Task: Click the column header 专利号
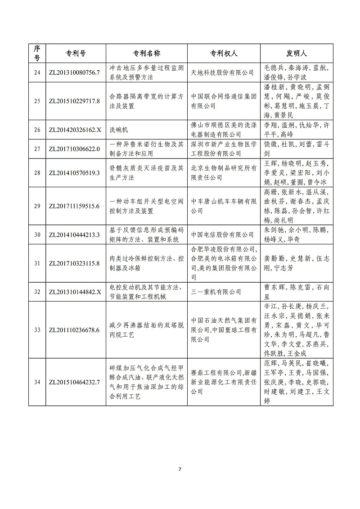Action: click(x=76, y=53)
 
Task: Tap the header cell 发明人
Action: click(x=297, y=53)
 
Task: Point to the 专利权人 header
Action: click(x=224, y=53)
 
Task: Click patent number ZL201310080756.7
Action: click(x=76, y=72)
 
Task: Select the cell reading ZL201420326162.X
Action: click(x=76, y=130)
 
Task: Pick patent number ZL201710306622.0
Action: click(x=76, y=149)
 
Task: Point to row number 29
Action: click(x=37, y=206)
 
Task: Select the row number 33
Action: click(x=37, y=330)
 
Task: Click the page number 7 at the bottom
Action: click(x=180, y=469)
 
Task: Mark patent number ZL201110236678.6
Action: click(x=76, y=330)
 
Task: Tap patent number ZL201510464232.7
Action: click(x=76, y=382)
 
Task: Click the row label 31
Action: click(x=37, y=263)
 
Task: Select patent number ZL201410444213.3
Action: click(x=76, y=234)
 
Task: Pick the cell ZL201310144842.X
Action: click(x=76, y=292)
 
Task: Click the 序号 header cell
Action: click(x=37, y=53)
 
